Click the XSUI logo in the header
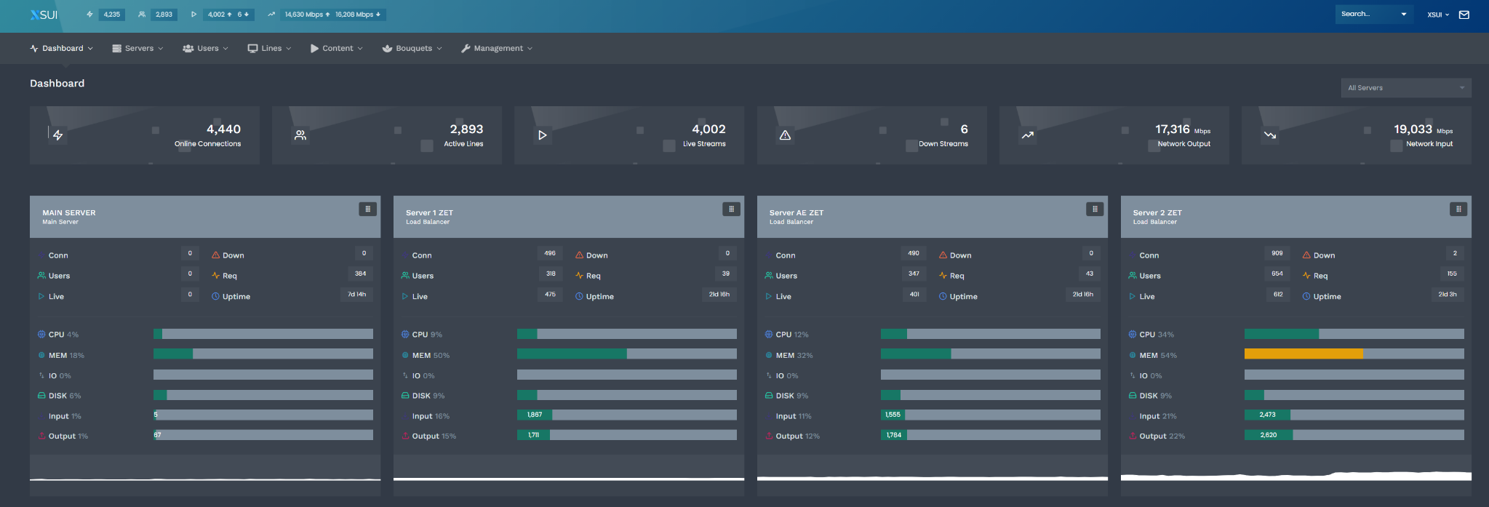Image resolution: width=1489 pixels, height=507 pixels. coord(44,15)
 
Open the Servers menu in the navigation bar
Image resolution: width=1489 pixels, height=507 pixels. coord(137,49)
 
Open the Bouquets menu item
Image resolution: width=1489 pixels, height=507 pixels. coord(412,49)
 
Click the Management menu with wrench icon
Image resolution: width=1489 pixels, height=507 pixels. coord(497,49)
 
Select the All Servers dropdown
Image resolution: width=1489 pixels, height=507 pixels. coord(1405,88)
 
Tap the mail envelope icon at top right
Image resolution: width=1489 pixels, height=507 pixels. coord(1464,15)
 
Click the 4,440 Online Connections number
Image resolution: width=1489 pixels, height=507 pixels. coord(223,129)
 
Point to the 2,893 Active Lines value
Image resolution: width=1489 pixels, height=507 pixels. coord(466,129)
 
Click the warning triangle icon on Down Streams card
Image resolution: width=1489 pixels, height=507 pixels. coord(785,135)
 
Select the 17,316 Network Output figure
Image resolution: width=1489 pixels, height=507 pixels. coord(1172,129)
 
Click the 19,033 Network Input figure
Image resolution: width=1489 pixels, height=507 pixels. coord(1413,129)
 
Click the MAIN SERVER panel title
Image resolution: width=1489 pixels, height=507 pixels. coord(69,213)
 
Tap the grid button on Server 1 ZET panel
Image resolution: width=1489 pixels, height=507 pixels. coord(731,209)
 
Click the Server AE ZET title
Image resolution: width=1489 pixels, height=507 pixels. coord(797,213)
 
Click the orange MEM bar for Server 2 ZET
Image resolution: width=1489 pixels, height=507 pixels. coord(1303,354)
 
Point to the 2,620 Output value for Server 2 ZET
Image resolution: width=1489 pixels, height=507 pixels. coord(1269,435)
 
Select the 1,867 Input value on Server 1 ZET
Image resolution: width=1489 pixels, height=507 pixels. coord(535,415)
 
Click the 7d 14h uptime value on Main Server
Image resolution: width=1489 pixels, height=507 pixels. coord(356,295)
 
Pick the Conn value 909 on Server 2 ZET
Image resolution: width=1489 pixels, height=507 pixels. coord(1277,253)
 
